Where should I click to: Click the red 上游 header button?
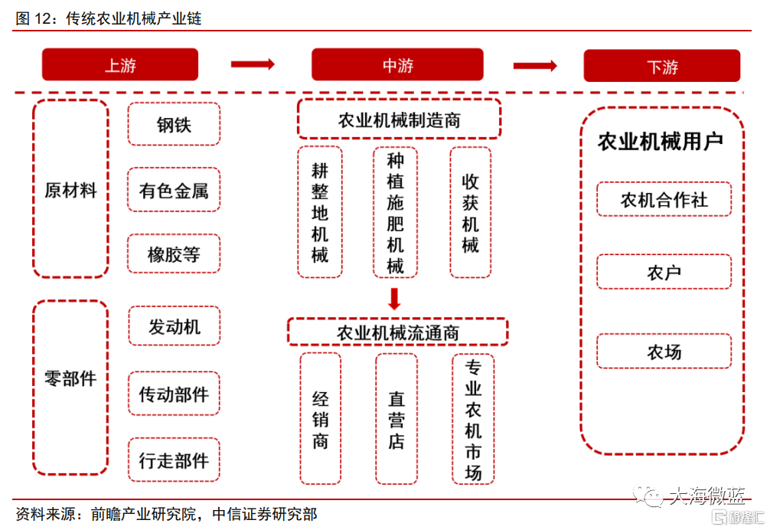point(120,64)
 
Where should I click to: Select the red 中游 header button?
point(397,64)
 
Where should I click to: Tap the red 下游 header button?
point(661,65)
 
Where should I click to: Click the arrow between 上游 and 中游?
point(253,64)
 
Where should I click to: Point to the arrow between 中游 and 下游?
point(535,65)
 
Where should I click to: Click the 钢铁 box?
point(174,124)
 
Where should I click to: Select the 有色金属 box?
point(174,190)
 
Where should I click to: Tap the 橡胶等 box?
point(174,254)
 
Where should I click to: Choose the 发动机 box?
point(174,326)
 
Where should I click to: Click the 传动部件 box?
point(174,394)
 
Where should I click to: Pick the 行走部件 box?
point(174,460)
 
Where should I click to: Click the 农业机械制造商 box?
point(400,119)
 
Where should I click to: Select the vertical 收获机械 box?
point(471,213)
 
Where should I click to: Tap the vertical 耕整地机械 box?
point(320,213)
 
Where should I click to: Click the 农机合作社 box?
point(664,199)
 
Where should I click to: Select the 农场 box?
point(664,352)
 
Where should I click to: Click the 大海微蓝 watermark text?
point(707,495)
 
